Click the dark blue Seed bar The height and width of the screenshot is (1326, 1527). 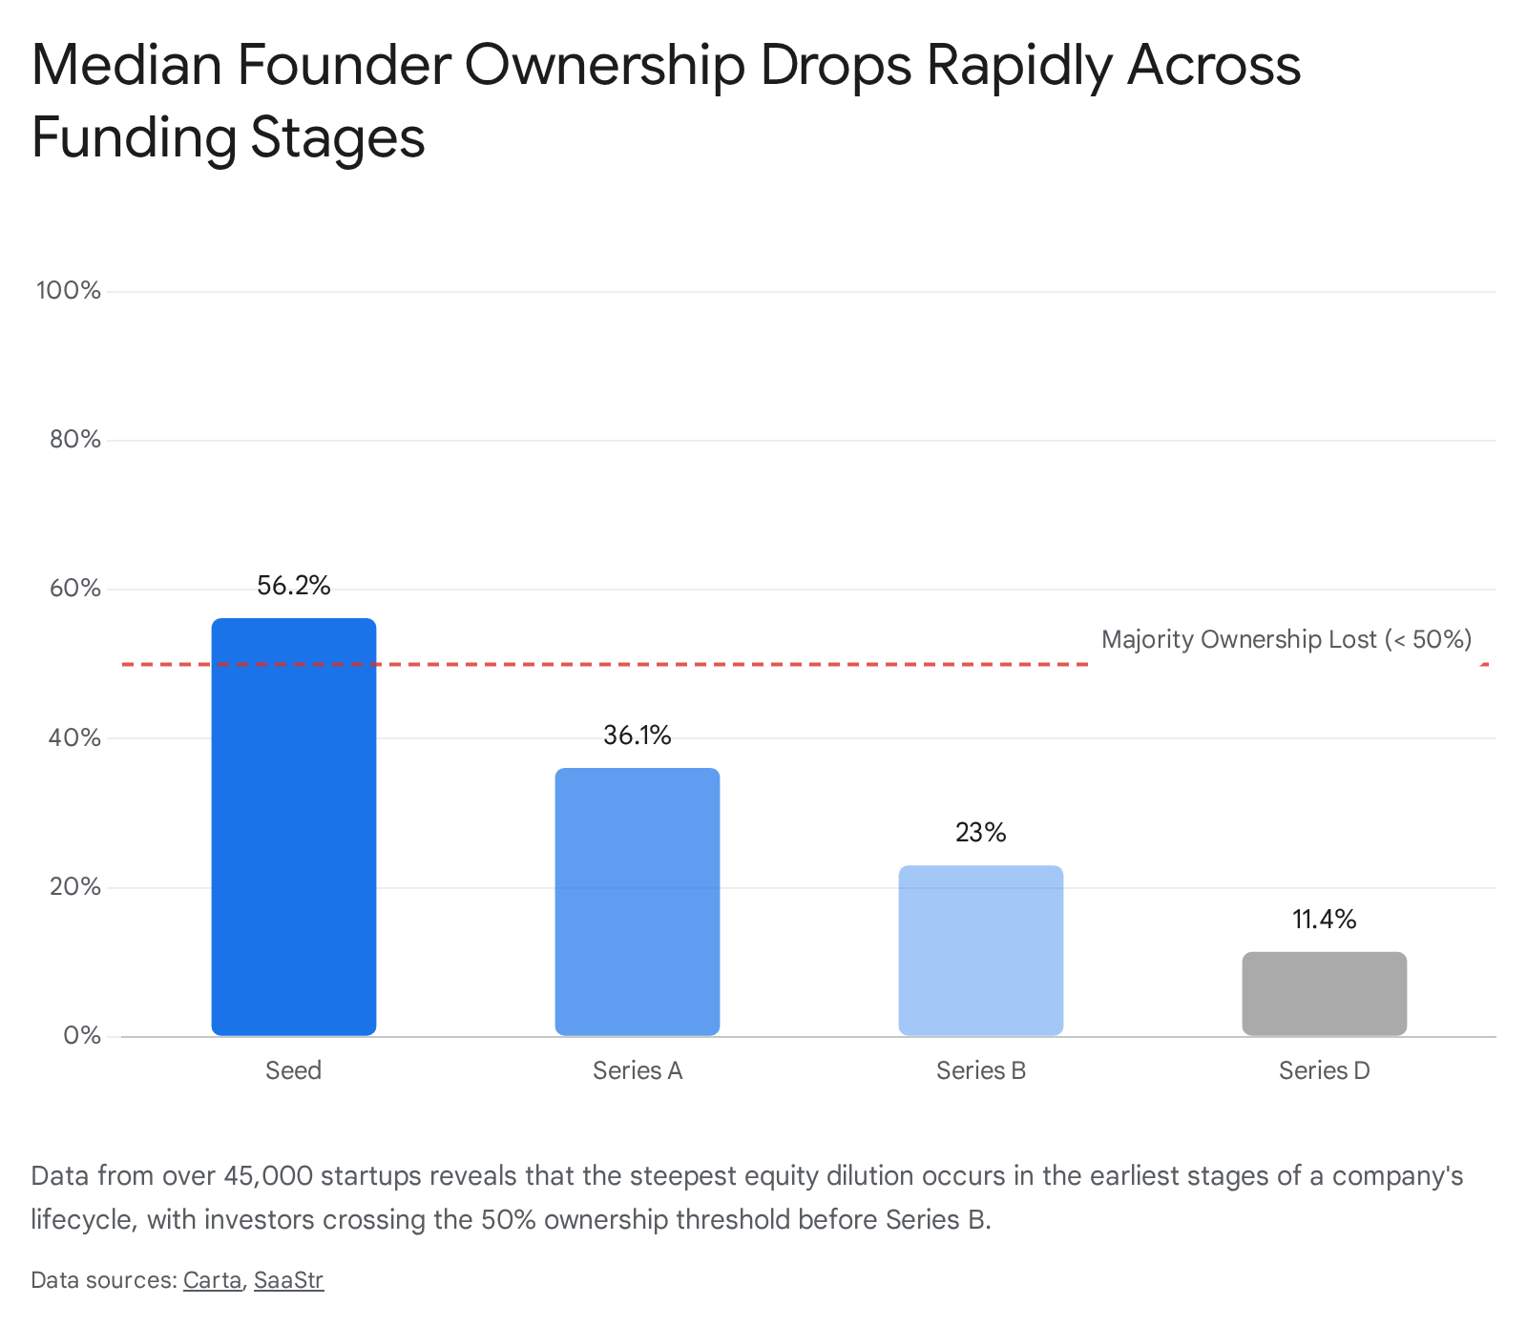[294, 827]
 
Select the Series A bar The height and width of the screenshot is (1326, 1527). [638, 901]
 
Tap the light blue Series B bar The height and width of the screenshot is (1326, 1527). [981, 950]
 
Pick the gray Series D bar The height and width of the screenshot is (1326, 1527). [1325, 993]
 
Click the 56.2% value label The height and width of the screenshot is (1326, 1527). [294, 586]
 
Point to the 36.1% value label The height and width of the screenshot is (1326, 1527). [638, 736]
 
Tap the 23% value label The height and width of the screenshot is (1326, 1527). [981, 833]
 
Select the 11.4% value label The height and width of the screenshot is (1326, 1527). [1325, 920]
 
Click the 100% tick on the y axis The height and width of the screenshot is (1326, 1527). [69, 291]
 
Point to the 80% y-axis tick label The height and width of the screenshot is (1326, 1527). [74, 440]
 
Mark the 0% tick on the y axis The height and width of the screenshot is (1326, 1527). [82, 1036]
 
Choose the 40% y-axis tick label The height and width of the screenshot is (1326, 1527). [74, 737]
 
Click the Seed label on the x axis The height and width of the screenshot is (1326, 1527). [294, 1070]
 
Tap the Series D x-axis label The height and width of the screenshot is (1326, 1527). [1325, 1070]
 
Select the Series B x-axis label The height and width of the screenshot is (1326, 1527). [981, 1070]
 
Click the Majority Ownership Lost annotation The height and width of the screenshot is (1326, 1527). [1286, 639]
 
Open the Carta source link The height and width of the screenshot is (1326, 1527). [213, 1280]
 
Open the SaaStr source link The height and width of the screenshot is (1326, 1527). [289, 1280]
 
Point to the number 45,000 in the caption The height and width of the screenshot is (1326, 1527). [268, 1175]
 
